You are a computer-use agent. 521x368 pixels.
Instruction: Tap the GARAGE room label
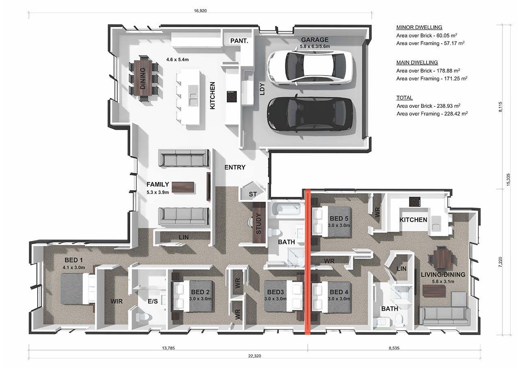[x=315, y=40]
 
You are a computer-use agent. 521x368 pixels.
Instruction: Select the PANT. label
[x=239, y=41]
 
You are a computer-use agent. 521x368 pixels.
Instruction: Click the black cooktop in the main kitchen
[x=232, y=96]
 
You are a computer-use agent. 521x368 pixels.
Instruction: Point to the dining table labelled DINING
[x=143, y=78]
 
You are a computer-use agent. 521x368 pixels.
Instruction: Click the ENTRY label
[x=235, y=167]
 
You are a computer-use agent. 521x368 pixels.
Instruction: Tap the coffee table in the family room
[x=183, y=187]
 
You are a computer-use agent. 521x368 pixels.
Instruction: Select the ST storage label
[x=253, y=194]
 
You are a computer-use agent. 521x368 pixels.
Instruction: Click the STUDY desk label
[x=258, y=224]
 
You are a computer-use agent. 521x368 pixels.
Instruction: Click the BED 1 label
[x=74, y=260]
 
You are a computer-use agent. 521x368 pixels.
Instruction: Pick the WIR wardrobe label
[x=116, y=301]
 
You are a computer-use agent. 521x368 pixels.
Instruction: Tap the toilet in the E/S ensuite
[x=142, y=316]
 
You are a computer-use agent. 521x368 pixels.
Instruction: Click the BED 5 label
[x=339, y=219]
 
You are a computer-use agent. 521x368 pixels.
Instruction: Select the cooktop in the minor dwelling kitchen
[x=415, y=202]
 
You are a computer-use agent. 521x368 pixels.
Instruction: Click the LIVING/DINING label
[x=443, y=274]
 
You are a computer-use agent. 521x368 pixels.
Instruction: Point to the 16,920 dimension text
[x=200, y=11]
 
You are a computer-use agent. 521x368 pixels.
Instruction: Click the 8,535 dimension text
[x=394, y=348]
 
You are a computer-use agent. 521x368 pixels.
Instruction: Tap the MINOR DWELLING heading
[x=419, y=27]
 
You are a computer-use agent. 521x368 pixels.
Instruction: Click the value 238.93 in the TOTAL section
[x=445, y=106]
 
